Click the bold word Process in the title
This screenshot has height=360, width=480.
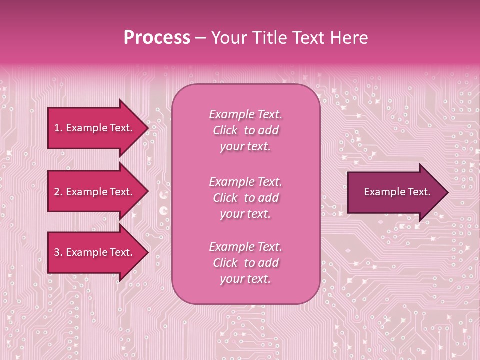(157, 38)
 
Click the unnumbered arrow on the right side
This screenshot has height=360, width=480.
(395, 192)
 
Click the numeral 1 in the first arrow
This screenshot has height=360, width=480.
(57, 128)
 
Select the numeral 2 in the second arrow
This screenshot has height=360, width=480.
(57, 192)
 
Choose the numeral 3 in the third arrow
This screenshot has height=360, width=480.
(57, 252)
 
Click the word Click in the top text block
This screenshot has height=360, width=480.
(225, 130)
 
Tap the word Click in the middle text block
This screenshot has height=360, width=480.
(225, 198)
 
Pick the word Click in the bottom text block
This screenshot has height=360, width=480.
(225, 263)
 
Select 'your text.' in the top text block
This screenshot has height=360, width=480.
(245, 147)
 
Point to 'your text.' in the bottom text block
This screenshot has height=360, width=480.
(245, 279)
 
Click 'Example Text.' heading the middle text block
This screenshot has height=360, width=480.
(245, 181)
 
